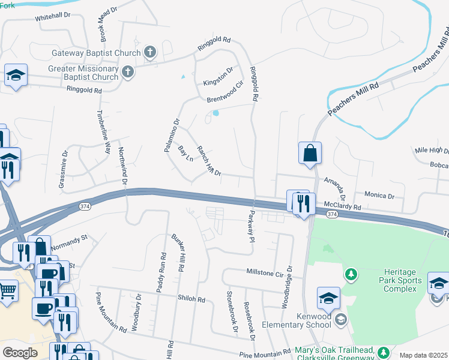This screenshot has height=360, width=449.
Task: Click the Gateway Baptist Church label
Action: (x=95, y=53)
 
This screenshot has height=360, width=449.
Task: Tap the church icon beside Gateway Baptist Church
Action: (x=149, y=53)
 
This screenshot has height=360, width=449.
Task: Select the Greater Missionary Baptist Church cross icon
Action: (x=127, y=73)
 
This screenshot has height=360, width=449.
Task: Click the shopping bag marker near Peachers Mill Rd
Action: (x=310, y=154)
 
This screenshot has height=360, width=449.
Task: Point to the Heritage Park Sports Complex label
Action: (x=399, y=280)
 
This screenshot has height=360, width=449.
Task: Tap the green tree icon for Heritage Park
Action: (x=351, y=275)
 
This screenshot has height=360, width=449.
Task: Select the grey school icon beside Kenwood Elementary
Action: (x=341, y=319)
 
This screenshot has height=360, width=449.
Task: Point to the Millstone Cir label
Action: (x=265, y=272)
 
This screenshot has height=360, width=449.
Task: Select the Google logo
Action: (x=20, y=353)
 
